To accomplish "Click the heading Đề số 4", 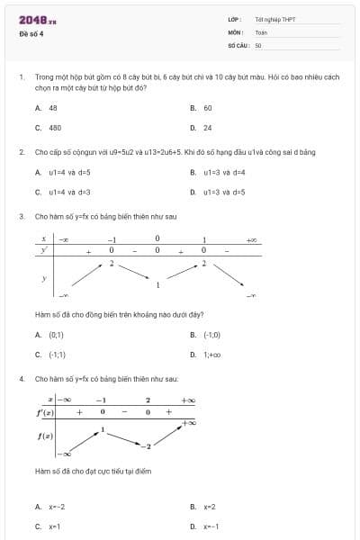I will click(x=31, y=34).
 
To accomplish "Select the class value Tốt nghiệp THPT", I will click(x=274, y=19).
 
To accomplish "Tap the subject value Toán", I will click(x=261, y=31).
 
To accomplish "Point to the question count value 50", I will click(x=258, y=44).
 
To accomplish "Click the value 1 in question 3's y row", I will click(x=157, y=285).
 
